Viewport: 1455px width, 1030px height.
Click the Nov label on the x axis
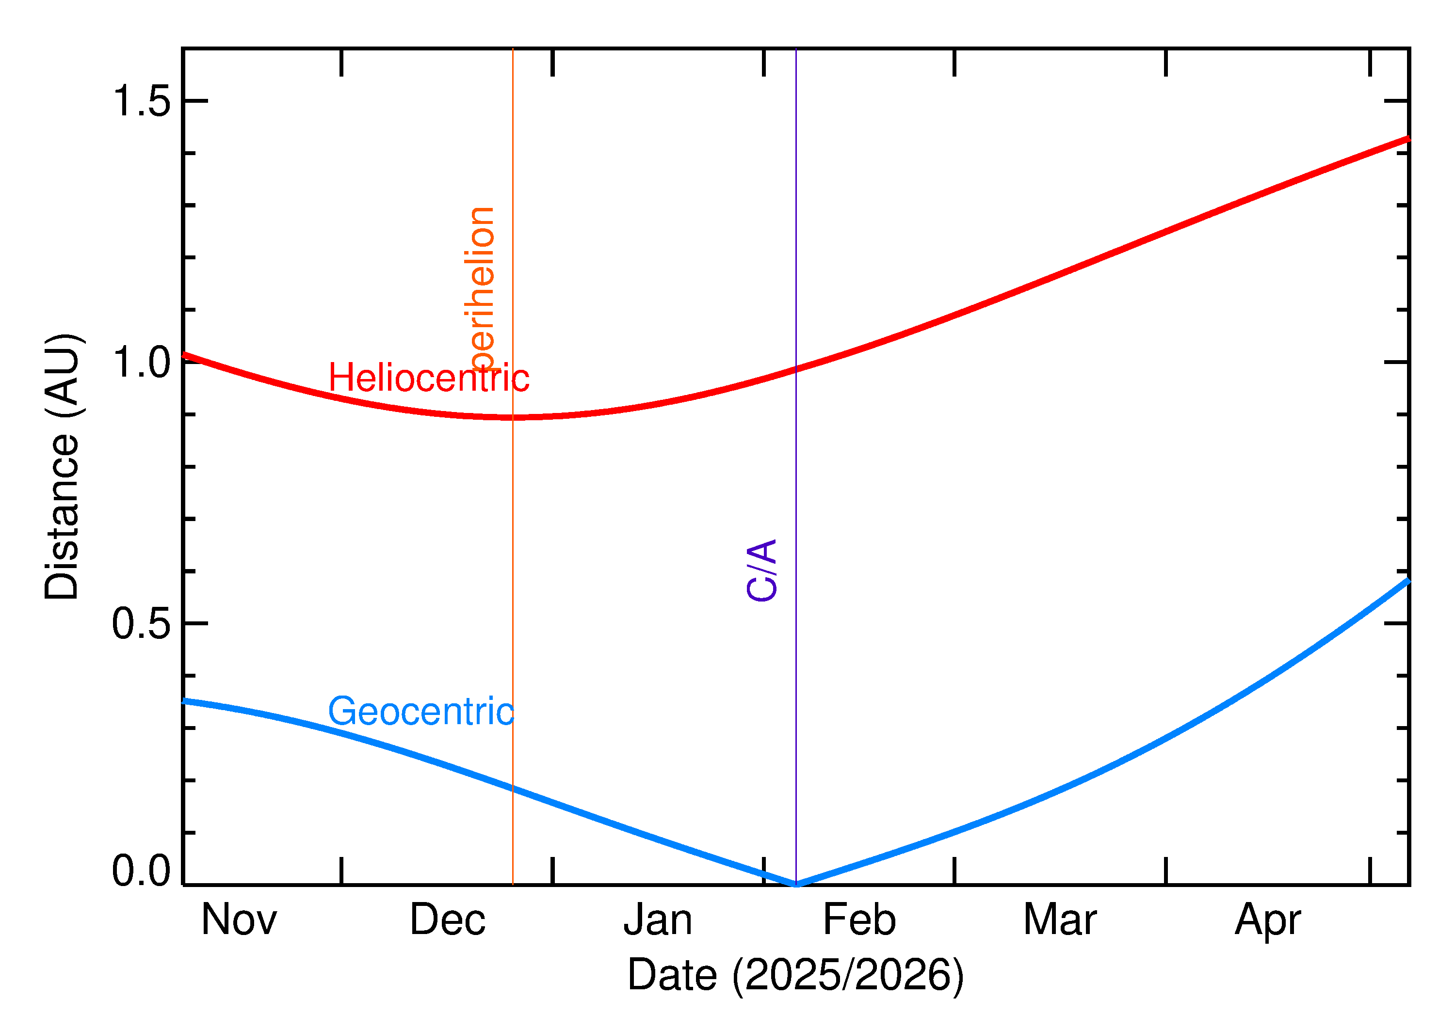239,920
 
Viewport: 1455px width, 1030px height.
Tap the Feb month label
858,920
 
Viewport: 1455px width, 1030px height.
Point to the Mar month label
1060,920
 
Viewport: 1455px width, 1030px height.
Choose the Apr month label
1267,921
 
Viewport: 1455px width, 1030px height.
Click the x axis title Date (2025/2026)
795,975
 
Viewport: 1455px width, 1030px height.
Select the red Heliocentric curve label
428,379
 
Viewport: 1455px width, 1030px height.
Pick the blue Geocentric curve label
420,712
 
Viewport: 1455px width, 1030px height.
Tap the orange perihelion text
480,288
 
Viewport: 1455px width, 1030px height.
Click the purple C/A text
761,570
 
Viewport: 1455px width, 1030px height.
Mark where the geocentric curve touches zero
796,884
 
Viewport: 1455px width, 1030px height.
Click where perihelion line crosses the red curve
513,417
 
